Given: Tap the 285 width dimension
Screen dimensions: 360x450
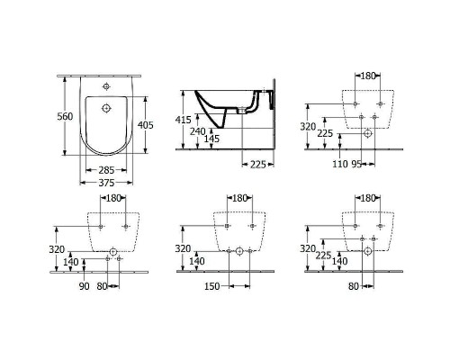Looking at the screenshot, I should click(107, 169).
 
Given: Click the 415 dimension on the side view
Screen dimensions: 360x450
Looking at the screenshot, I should click(183, 120).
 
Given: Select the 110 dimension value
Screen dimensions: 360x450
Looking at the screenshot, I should click(341, 165).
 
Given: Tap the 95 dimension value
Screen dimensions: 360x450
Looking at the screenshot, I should click(357, 165).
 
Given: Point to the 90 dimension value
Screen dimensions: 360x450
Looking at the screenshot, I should click(85, 287).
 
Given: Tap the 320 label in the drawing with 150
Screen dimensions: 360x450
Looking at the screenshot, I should click(183, 248).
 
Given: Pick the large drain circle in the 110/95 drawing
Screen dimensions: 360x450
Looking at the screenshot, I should click(367, 133).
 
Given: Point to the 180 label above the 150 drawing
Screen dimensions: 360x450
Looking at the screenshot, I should click(240, 197).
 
